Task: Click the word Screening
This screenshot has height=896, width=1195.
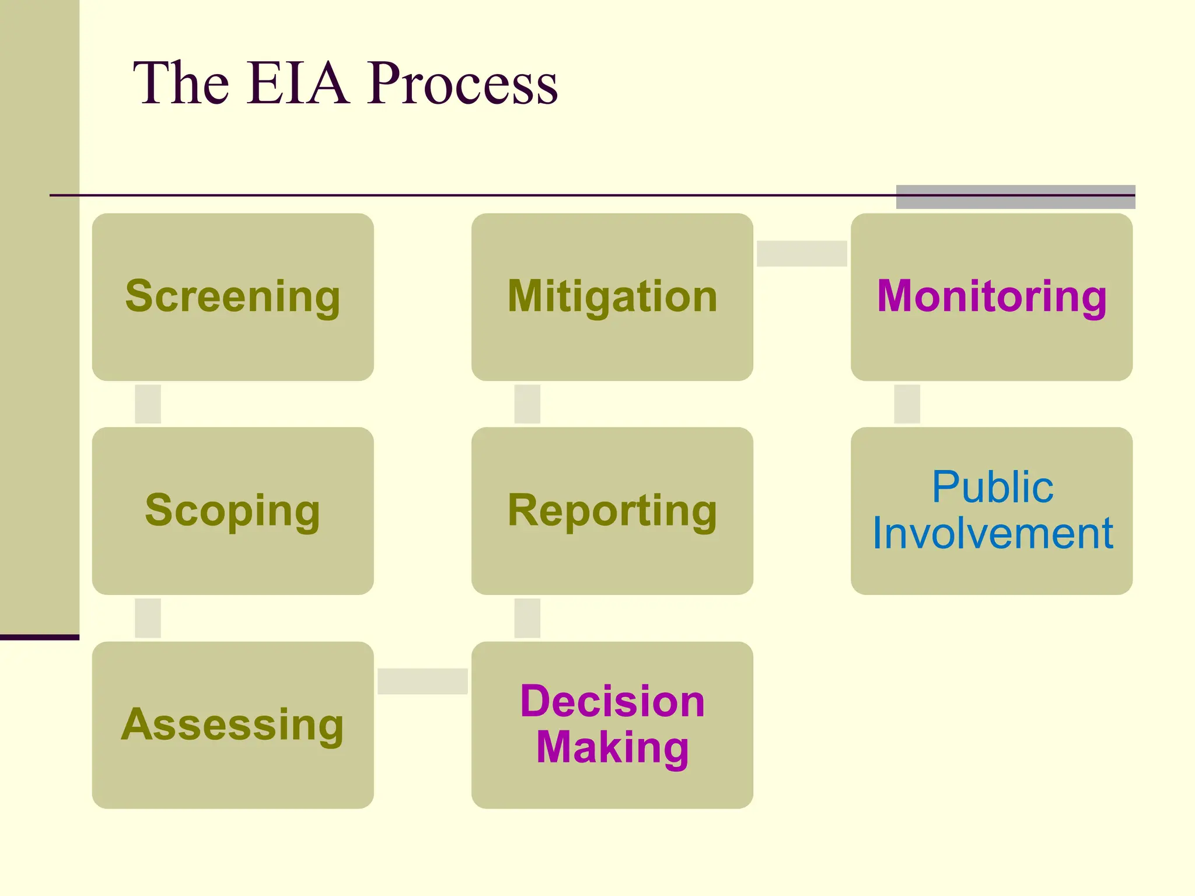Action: pyautogui.click(x=232, y=296)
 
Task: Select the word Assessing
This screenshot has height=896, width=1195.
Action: pyautogui.click(x=232, y=724)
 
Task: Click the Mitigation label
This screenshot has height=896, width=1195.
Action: pyautogui.click(x=612, y=296)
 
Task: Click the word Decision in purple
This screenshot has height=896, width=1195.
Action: pyautogui.click(x=612, y=701)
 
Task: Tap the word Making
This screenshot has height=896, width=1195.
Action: pyautogui.click(x=612, y=747)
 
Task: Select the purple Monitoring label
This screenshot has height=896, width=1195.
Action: pyautogui.click(x=991, y=296)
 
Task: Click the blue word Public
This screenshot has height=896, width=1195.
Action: pyautogui.click(x=993, y=487)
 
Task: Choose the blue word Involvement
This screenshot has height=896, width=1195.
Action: pyautogui.click(x=993, y=533)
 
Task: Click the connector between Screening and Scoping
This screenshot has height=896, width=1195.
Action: pyautogui.click(x=148, y=404)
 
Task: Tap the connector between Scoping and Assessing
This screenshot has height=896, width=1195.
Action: pyautogui.click(x=148, y=618)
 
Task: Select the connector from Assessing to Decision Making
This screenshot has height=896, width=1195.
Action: pyautogui.click(x=422, y=681)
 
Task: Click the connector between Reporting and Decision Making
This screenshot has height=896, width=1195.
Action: pyautogui.click(x=527, y=618)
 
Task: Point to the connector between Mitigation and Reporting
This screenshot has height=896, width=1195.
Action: pyautogui.click(x=527, y=404)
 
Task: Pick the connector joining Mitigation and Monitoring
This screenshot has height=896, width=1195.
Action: pyautogui.click(x=802, y=253)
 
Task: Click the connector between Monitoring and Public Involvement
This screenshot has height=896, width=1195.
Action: pyautogui.click(x=907, y=404)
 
